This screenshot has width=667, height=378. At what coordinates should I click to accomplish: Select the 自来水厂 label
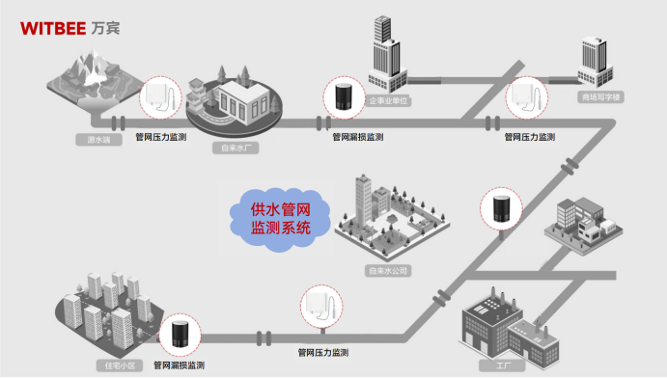pyautogui.click(x=236, y=148)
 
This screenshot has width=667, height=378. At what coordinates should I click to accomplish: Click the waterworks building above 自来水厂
pyautogui.click(x=235, y=103)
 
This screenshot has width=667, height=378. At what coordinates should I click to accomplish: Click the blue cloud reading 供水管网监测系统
pyautogui.click(x=281, y=218)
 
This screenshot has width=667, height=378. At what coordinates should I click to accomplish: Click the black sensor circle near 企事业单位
pyautogui.click(x=342, y=97)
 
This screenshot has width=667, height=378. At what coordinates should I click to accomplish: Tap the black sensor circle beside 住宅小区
pyautogui.click(x=180, y=334)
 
